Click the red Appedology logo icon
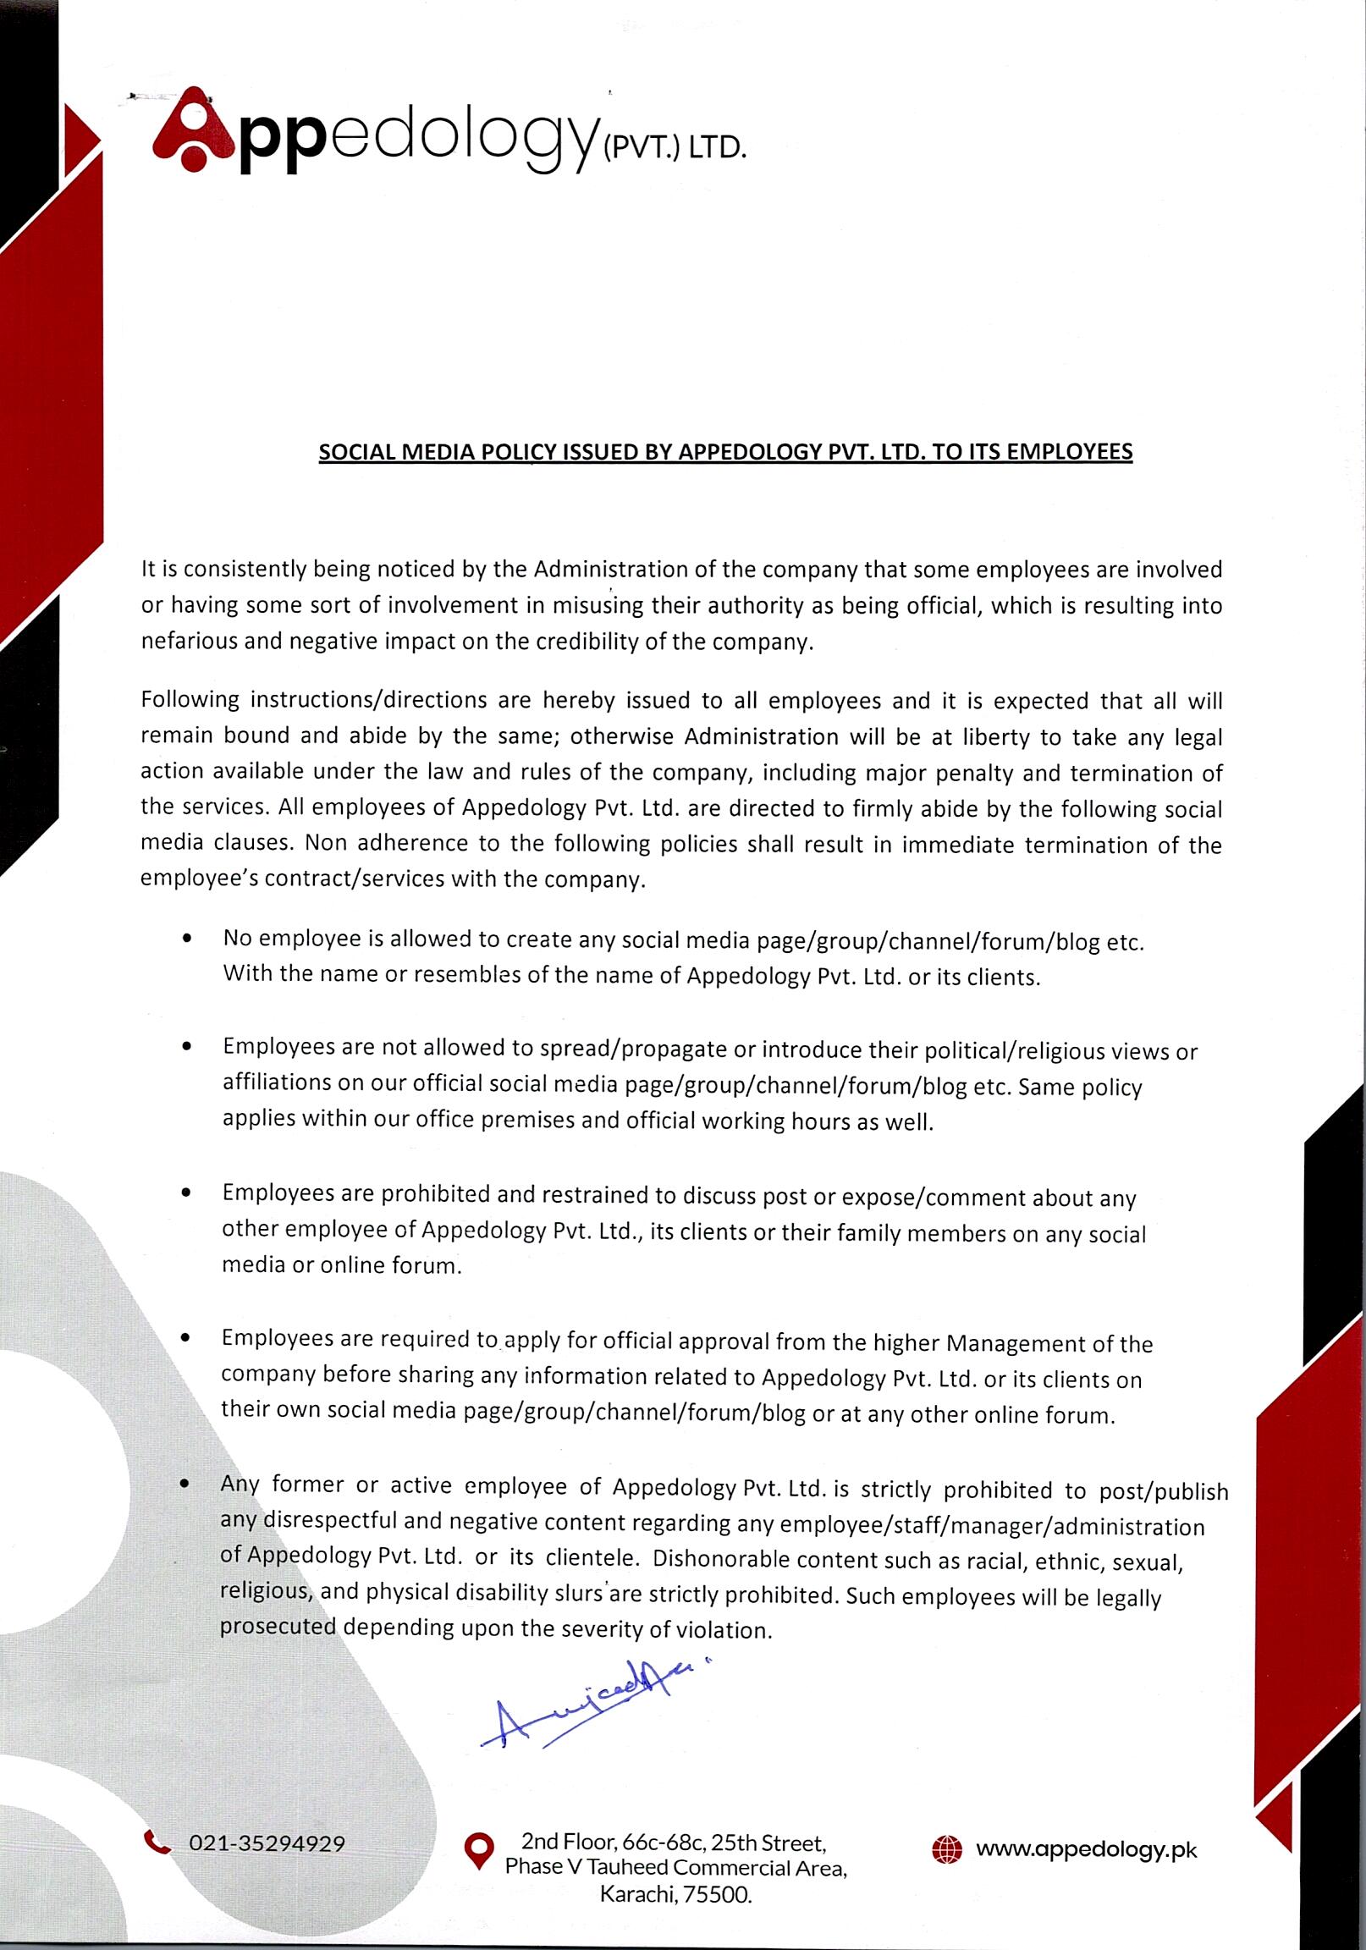pyautogui.click(x=193, y=132)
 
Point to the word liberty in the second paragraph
pyautogui.click(x=994, y=736)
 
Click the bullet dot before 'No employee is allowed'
pyautogui.click(x=187, y=939)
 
